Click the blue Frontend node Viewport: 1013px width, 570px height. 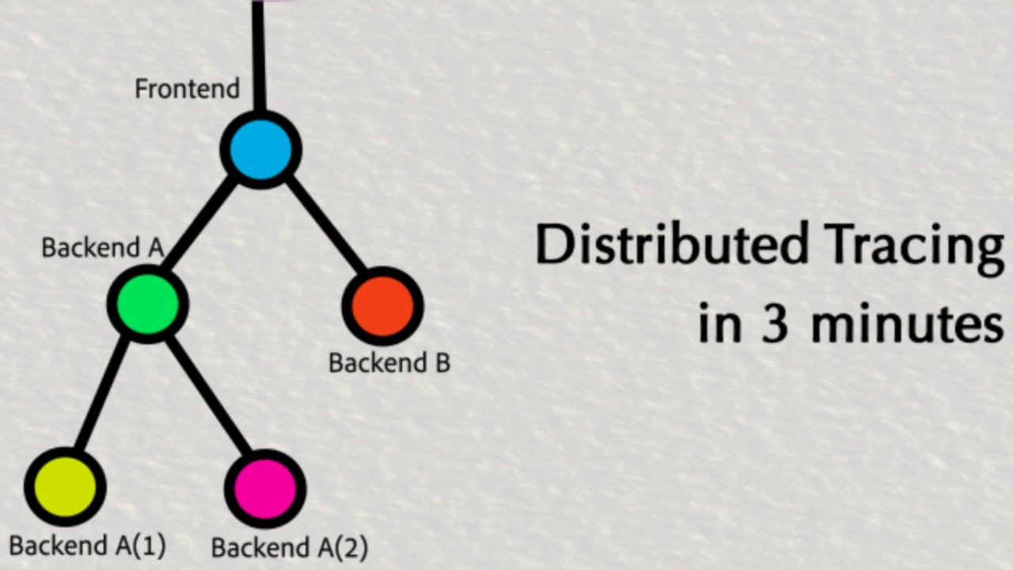[260, 150]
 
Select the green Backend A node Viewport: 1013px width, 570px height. [148, 304]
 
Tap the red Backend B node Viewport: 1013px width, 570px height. [382, 306]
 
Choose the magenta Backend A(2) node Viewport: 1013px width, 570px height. [265, 488]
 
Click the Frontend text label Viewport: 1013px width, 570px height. [187, 89]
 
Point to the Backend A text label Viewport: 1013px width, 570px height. [102, 248]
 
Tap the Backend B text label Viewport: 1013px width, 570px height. [389, 363]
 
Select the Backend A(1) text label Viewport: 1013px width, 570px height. [87, 546]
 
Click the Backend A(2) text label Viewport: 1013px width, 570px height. [290, 547]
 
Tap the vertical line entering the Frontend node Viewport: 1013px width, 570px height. [258, 55]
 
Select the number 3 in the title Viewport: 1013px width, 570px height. [775, 325]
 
